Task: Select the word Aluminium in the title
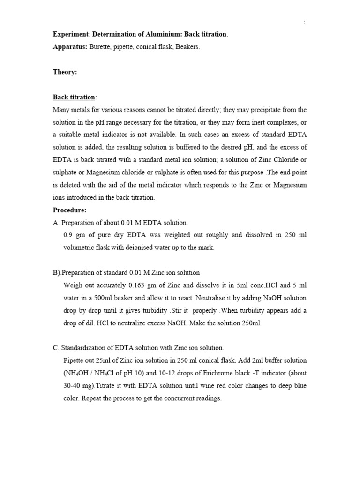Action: tap(163, 34)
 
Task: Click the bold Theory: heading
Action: tap(65, 72)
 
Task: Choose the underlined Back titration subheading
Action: tap(74, 97)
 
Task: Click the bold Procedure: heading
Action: tap(70, 210)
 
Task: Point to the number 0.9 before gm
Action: tap(67, 235)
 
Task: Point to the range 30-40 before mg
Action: tap(71, 386)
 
